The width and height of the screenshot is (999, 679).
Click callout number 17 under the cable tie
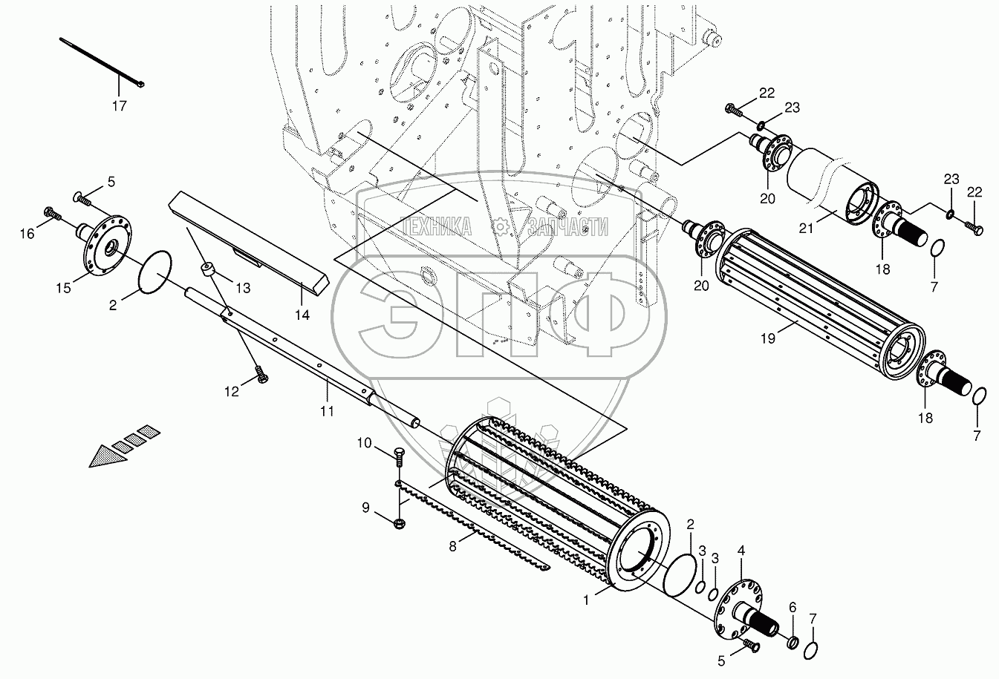point(119,106)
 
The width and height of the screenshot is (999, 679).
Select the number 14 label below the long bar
point(302,315)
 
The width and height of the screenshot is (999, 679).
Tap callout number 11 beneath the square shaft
point(327,411)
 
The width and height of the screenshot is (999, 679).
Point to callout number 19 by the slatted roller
point(768,338)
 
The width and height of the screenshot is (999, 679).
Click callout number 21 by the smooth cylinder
point(807,228)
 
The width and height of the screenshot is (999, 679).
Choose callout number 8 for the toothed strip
point(452,546)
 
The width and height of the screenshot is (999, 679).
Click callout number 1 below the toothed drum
point(586,600)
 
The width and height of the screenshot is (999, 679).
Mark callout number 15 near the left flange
point(63,288)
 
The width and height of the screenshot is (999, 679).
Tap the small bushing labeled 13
point(208,270)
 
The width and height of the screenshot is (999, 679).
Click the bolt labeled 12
point(261,374)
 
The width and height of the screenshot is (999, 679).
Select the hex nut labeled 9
point(400,523)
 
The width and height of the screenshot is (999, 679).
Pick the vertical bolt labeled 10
point(398,458)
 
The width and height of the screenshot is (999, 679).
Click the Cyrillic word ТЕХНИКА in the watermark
point(436,227)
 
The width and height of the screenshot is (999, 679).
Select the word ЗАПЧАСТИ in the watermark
point(567,227)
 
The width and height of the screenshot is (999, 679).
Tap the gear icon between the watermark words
point(500,227)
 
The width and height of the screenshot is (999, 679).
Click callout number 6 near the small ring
point(792,607)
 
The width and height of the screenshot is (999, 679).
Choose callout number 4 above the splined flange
point(741,551)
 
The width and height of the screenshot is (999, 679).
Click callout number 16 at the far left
point(27,234)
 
